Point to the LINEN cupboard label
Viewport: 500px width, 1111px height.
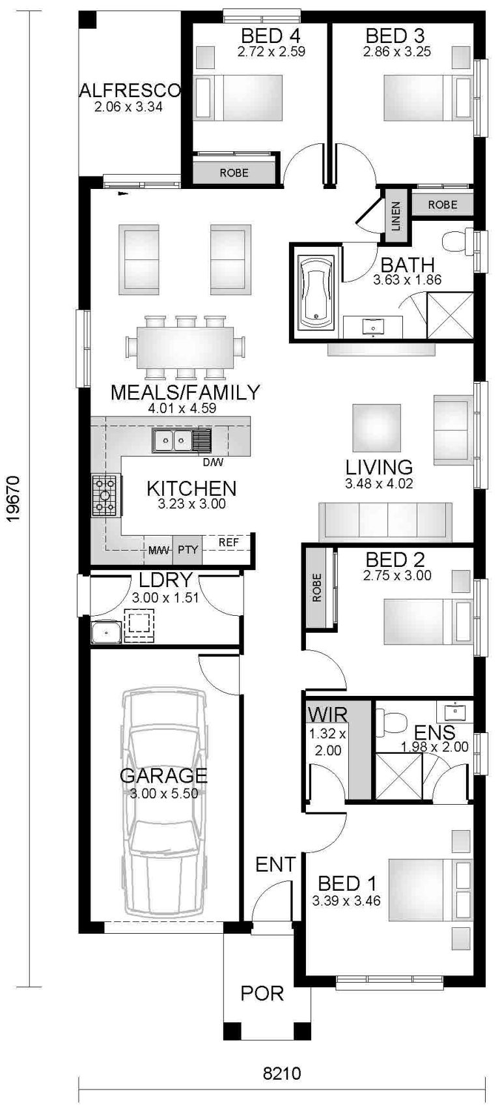(396, 215)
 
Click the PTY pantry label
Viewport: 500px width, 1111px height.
(187, 550)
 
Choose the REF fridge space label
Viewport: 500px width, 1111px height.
(228, 542)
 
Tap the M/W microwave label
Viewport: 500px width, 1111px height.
(159, 550)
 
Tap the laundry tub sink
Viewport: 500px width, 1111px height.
(104, 631)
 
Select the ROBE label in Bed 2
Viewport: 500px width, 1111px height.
(317, 588)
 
